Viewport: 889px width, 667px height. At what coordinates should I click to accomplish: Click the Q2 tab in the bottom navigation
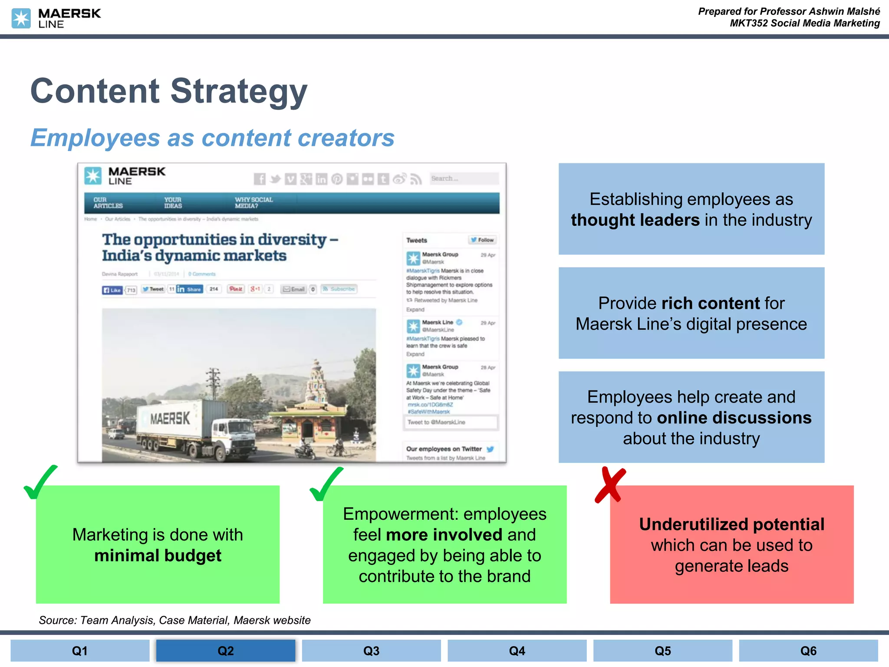click(225, 650)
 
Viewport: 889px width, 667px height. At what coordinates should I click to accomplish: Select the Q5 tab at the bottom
click(662, 650)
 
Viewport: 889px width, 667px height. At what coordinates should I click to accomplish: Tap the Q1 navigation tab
click(80, 650)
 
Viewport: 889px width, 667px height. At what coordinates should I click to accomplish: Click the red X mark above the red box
click(610, 485)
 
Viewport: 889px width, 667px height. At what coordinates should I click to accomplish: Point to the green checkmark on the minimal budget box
click(40, 482)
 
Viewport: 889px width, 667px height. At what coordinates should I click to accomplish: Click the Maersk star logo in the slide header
click(21, 18)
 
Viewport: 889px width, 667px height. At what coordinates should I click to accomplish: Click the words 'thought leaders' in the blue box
click(635, 220)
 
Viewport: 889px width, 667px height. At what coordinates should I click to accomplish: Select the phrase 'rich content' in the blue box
click(711, 303)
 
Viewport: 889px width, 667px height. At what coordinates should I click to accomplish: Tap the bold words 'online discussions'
click(734, 418)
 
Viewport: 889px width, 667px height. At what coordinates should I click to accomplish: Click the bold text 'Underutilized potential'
click(731, 525)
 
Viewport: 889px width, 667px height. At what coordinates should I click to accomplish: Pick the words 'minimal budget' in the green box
click(158, 556)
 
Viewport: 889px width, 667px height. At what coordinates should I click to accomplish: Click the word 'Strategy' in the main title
click(239, 91)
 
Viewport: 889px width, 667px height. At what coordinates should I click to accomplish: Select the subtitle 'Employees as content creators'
click(212, 138)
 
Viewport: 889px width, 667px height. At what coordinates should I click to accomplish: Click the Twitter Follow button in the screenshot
click(483, 240)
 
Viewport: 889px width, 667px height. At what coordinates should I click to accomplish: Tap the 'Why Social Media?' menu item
click(254, 203)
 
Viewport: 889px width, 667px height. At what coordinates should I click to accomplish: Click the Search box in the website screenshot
click(464, 178)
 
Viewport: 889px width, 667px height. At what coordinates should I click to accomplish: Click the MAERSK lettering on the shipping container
click(170, 419)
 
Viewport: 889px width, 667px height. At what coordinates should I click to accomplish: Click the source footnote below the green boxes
click(175, 620)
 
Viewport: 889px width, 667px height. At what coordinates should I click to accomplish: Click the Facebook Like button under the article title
click(112, 290)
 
